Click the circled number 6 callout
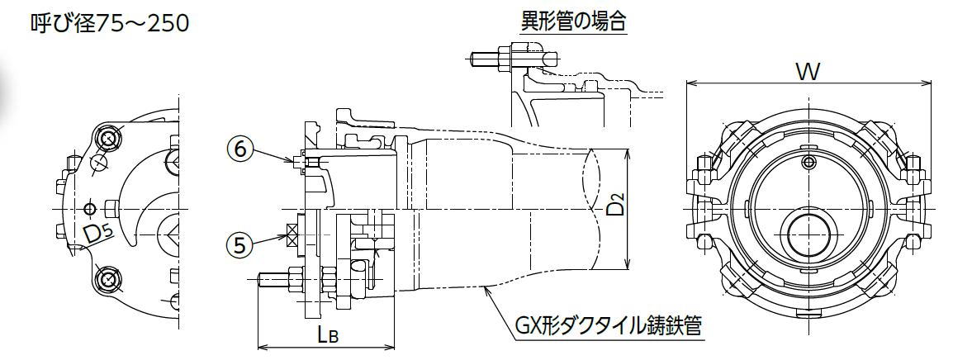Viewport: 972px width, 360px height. (x=242, y=149)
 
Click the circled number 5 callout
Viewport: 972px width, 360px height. (x=242, y=244)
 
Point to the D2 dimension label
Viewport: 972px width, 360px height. (x=615, y=205)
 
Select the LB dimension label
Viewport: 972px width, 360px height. (x=327, y=335)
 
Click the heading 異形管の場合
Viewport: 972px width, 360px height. (x=573, y=22)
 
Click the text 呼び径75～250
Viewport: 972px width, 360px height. (x=110, y=24)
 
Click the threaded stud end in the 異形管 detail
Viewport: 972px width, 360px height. (x=480, y=59)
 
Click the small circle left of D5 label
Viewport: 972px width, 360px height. (x=89, y=207)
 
